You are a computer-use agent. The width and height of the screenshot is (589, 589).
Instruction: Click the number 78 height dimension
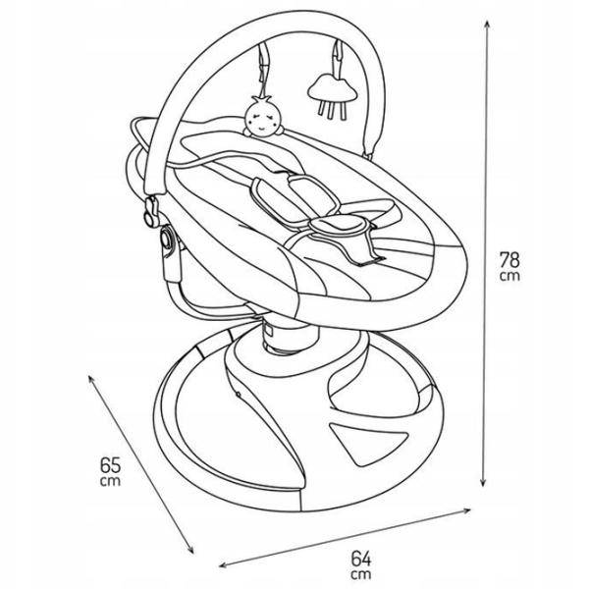(x=509, y=259)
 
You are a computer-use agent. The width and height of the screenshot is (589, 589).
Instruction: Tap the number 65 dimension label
(x=110, y=465)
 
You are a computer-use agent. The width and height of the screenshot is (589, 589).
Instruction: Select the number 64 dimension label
(x=361, y=559)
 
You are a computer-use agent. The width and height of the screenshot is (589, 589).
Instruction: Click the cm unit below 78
(x=509, y=276)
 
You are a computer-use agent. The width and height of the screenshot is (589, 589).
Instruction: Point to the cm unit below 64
(x=361, y=574)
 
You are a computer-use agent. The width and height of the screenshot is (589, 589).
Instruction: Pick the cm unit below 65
(x=110, y=481)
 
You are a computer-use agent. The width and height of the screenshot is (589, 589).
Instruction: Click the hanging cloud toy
(x=332, y=96)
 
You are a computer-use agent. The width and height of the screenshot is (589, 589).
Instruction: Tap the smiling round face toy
(x=263, y=117)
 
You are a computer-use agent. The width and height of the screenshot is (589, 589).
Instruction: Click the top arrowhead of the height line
(x=487, y=24)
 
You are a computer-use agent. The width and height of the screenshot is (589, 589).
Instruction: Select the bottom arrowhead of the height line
(x=484, y=483)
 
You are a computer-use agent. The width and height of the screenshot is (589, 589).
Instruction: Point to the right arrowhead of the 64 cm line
(x=467, y=510)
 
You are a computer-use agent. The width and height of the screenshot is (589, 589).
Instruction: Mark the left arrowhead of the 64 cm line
(x=223, y=564)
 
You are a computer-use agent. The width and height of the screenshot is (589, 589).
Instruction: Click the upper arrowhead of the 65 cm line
(x=90, y=378)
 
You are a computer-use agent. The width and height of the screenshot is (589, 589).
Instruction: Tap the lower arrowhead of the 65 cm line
(x=190, y=550)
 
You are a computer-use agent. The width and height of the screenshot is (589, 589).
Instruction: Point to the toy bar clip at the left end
(x=151, y=213)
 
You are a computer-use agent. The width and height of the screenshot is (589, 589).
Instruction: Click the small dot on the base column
(x=239, y=394)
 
